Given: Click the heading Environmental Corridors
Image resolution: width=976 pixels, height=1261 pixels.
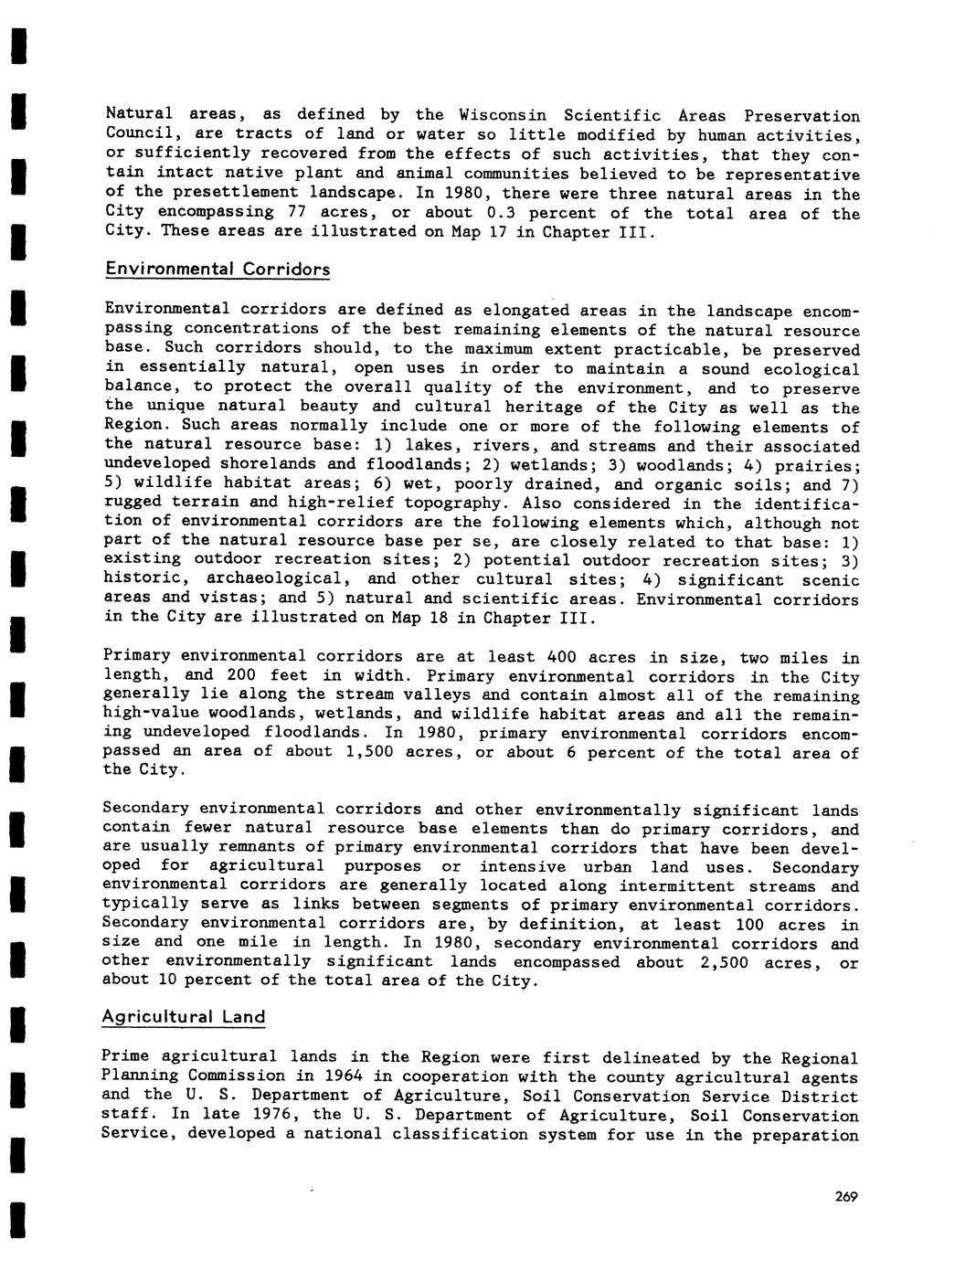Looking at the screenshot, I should coord(217,270).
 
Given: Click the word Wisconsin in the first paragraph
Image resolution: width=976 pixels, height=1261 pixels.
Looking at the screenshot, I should coord(503,116).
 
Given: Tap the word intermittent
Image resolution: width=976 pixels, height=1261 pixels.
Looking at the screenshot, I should coord(676,886).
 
